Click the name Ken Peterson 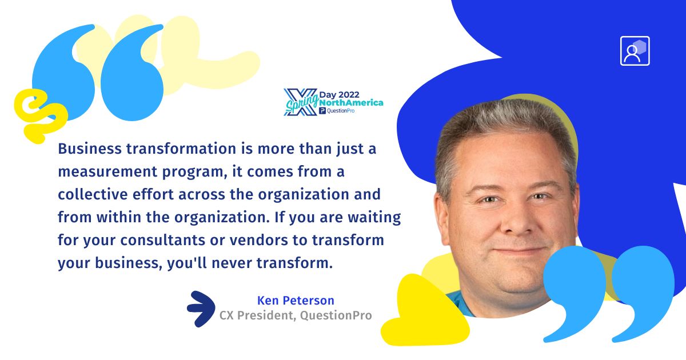[296, 301]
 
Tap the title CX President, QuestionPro [296, 315]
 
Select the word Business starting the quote [90, 149]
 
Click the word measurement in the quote [107, 172]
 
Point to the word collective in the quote [93, 194]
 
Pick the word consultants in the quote [162, 240]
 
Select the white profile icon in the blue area [635, 51]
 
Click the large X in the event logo [301, 102]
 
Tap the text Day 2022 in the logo [340, 95]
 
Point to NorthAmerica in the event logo [351, 103]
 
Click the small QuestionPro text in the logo [341, 111]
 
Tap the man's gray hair [505, 122]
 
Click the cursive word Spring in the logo [302, 103]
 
